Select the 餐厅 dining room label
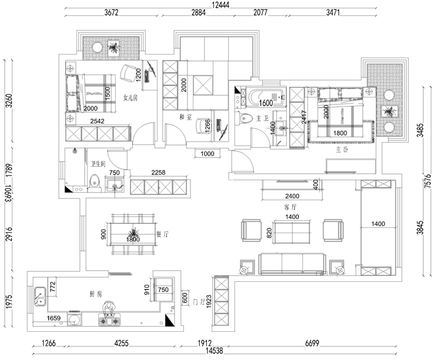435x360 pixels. click(x=162, y=234)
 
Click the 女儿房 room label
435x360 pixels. click(x=130, y=97)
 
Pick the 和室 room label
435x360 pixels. click(x=186, y=117)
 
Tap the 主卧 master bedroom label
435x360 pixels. click(x=342, y=149)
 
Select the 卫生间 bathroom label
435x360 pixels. click(x=98, y=164)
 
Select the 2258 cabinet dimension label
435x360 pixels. click(x=159, y=173)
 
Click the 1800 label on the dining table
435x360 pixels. click(x=132, y=239)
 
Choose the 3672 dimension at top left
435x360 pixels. click(x=115, y=12)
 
